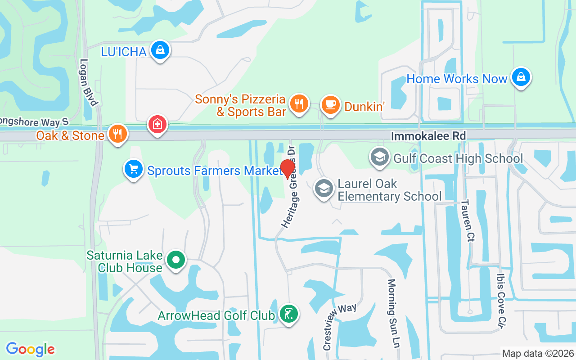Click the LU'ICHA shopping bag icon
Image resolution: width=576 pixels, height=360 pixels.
pos(160,50)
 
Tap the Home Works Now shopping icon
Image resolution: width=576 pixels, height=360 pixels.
pos(521,77)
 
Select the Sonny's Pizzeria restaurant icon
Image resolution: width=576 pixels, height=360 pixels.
pos(298,104)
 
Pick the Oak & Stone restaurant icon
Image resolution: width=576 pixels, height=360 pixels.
pos(117,134)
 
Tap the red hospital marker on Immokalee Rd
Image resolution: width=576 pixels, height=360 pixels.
pos(157,124)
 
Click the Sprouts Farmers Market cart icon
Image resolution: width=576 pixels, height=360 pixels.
pos(133,170)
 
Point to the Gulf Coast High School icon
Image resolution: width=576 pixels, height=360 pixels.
pos(380,157)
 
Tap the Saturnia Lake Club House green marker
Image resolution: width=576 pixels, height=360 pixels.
pos(175,260)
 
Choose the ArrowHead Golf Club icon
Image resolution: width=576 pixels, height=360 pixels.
pos(288,314)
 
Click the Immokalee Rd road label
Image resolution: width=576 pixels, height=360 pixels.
pos(428,136)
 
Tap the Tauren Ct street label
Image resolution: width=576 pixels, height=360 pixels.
pos(465,220)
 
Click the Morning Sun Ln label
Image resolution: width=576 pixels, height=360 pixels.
pos(393,313)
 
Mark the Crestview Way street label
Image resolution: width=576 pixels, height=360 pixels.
pos(340,326)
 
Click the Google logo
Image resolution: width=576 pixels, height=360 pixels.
pos(31,349)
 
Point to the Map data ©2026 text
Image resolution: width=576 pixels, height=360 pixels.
pos(538,353)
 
